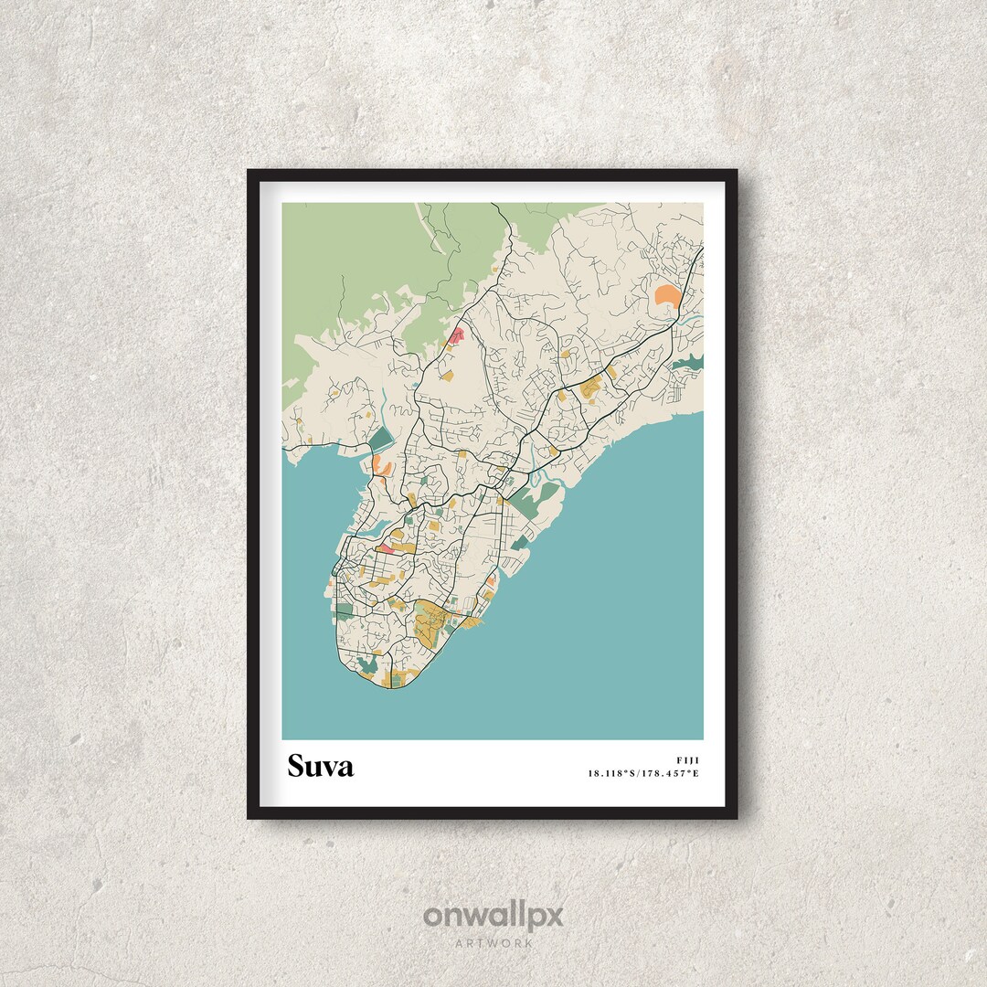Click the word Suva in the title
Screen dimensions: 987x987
320,766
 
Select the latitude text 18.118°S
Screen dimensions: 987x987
615,774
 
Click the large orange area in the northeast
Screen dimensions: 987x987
667,296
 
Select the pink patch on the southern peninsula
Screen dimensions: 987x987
386,549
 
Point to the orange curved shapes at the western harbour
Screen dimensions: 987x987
382,467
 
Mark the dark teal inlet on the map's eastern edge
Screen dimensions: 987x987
690,364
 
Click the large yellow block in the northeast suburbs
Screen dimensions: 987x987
592,387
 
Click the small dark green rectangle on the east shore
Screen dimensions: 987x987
519,543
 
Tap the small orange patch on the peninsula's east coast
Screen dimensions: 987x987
491,581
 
